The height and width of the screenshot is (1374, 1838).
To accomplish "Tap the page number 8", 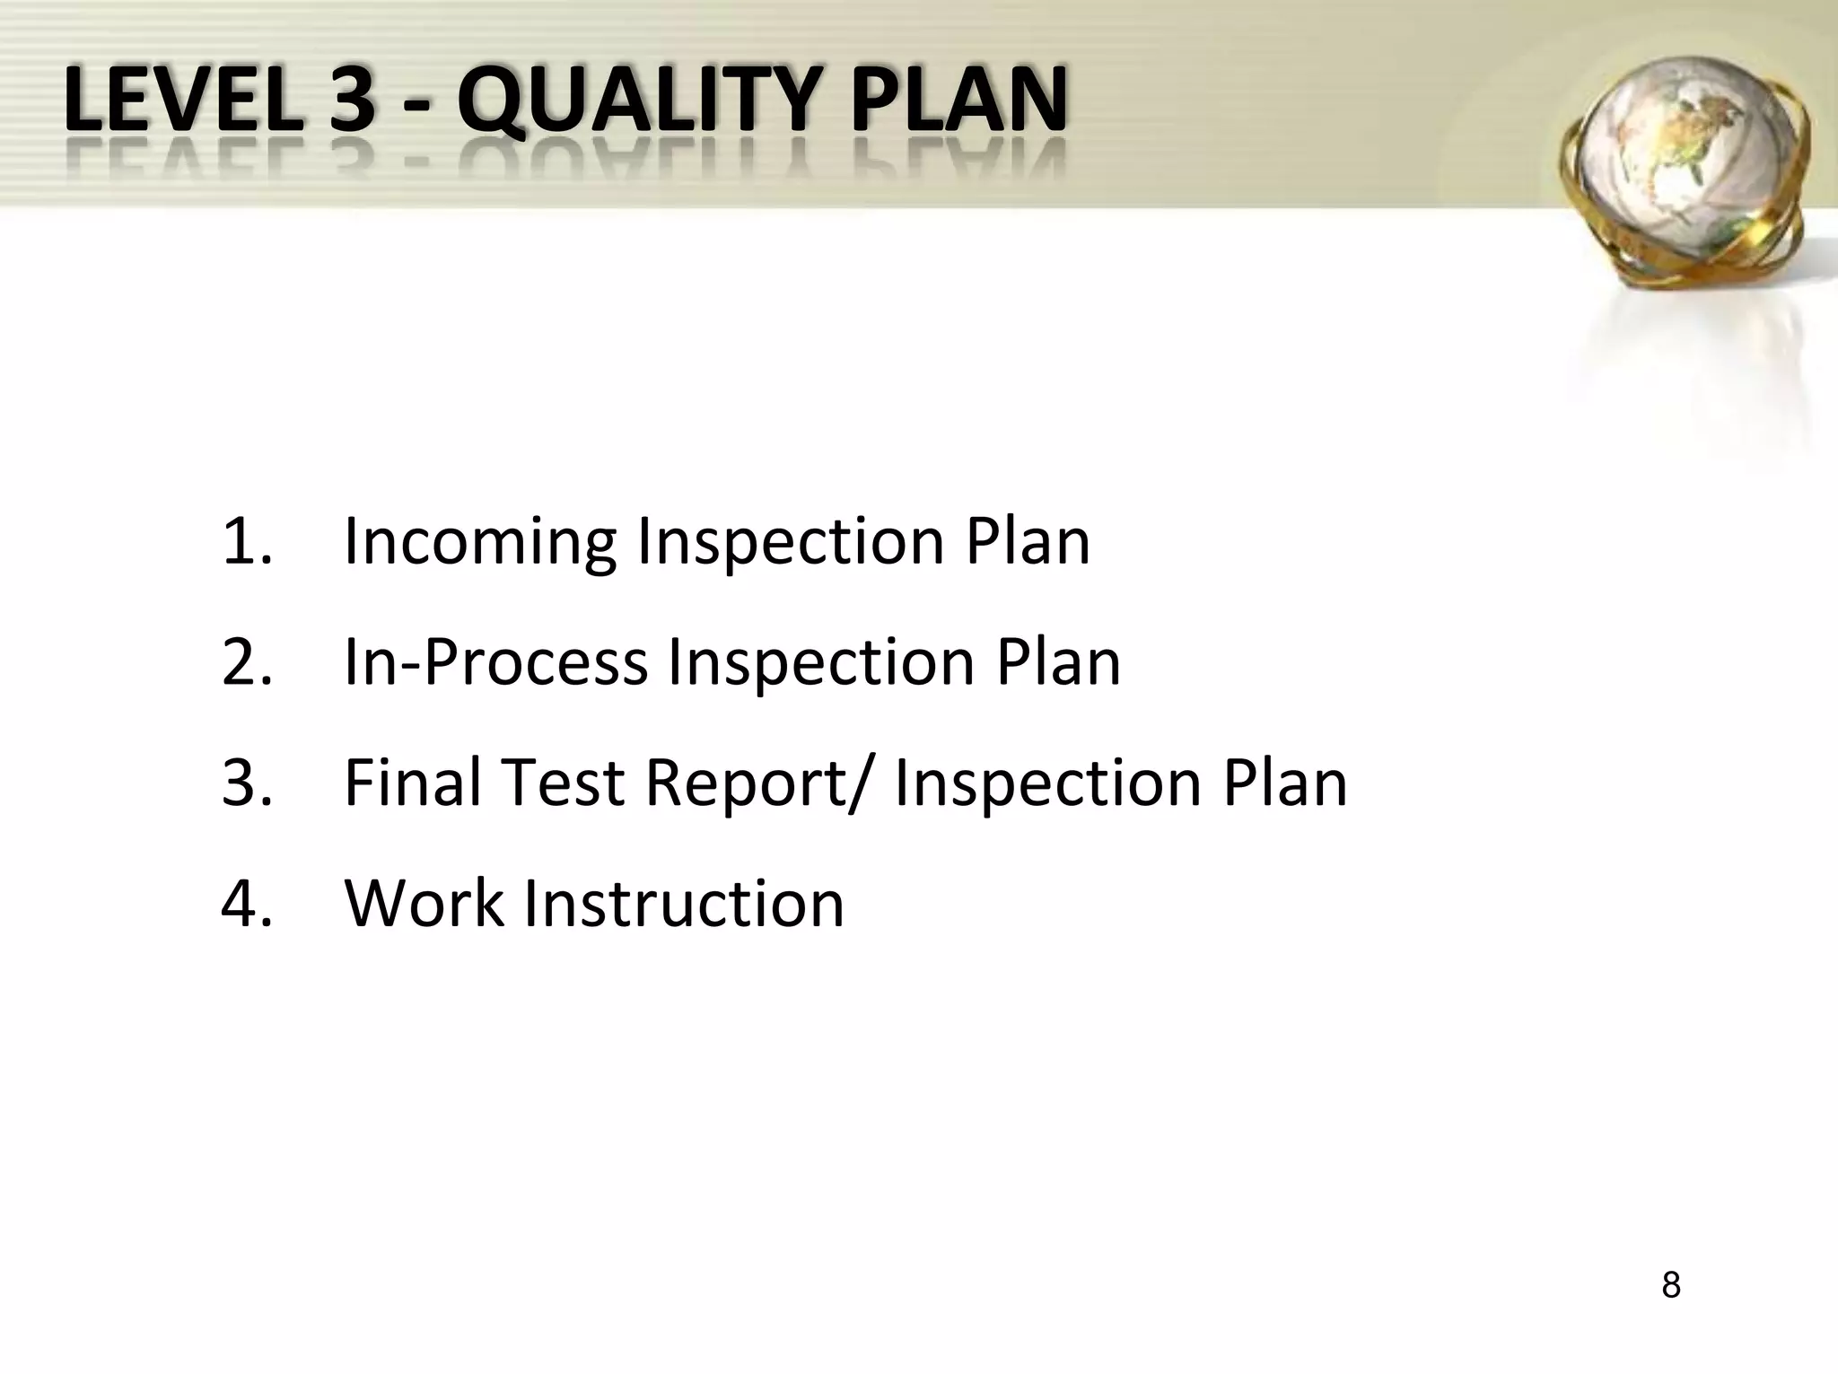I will tap(1670, 1285).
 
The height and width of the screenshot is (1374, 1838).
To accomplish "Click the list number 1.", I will tap(244, 541).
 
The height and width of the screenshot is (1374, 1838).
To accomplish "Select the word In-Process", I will tap(495, 664).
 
